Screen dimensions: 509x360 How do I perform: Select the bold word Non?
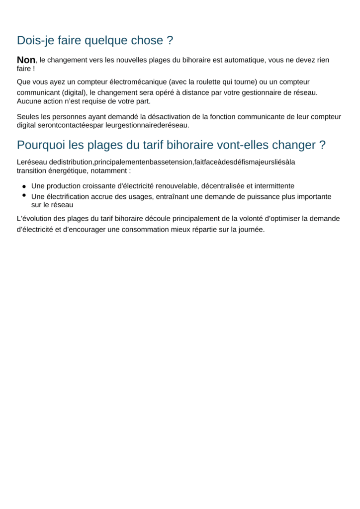tap(26, 60)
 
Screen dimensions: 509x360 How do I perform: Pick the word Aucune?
tap(29, 101)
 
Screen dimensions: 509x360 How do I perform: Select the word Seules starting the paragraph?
tap(28, 117)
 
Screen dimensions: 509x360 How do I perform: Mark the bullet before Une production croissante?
tap(24, 186)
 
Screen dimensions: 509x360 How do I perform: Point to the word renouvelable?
tap(177, 186)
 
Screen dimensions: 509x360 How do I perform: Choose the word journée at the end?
tap(251, 230)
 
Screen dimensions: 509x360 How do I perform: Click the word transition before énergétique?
tap(31, 170)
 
